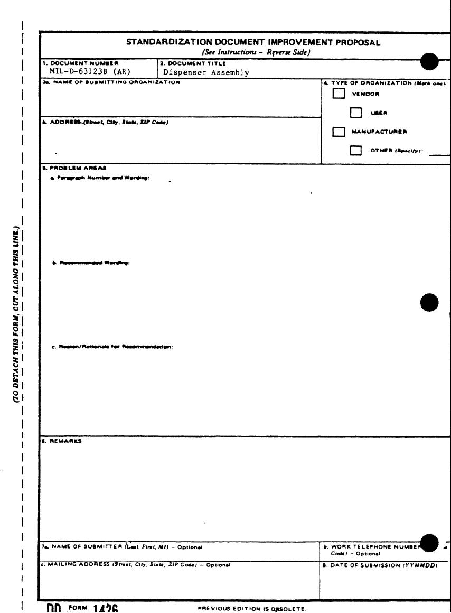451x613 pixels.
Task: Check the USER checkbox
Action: point(356,113)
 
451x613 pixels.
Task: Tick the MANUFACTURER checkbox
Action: point(339,132)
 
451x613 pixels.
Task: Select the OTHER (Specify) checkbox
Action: point(356,151)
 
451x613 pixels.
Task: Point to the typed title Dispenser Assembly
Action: point(206,73)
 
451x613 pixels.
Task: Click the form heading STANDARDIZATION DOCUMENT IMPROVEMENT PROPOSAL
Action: point(253,43)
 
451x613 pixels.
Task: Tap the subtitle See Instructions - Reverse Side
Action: point(256,52)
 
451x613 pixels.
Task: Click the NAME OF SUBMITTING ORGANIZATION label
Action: point(111,82)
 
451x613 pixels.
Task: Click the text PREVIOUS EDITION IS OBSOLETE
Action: point(251,608)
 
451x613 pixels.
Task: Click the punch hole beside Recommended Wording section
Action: point(429,303)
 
